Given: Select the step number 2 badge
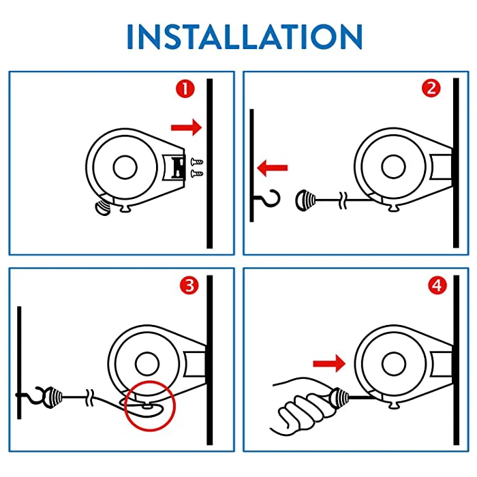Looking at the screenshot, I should [430, 88].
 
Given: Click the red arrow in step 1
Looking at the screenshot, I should [186, 127].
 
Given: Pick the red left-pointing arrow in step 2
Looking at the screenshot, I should [273, 166].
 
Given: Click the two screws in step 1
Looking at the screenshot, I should [197, 168].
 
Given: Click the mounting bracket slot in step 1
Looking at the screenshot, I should [179, 167].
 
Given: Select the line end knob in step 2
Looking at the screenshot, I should [304, 200].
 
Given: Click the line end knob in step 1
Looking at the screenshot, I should [102, 206].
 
